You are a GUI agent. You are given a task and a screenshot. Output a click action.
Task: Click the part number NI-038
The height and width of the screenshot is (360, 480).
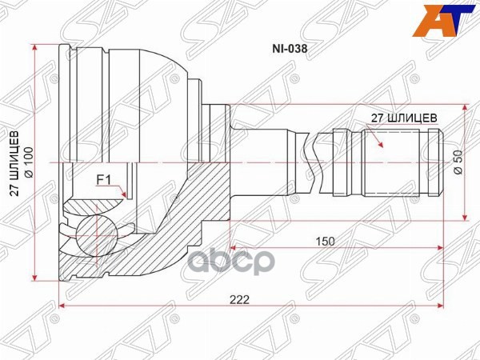click(292, 47)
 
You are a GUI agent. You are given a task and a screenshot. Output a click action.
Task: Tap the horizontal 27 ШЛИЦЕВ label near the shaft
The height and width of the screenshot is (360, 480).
click(403, 117)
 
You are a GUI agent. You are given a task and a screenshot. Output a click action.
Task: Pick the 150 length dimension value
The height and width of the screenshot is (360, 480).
click(325, 239)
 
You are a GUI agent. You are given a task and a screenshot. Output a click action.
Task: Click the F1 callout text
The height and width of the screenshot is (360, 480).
click(104, 179)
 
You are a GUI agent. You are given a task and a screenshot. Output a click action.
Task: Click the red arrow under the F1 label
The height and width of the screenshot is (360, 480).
click(122, 192)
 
